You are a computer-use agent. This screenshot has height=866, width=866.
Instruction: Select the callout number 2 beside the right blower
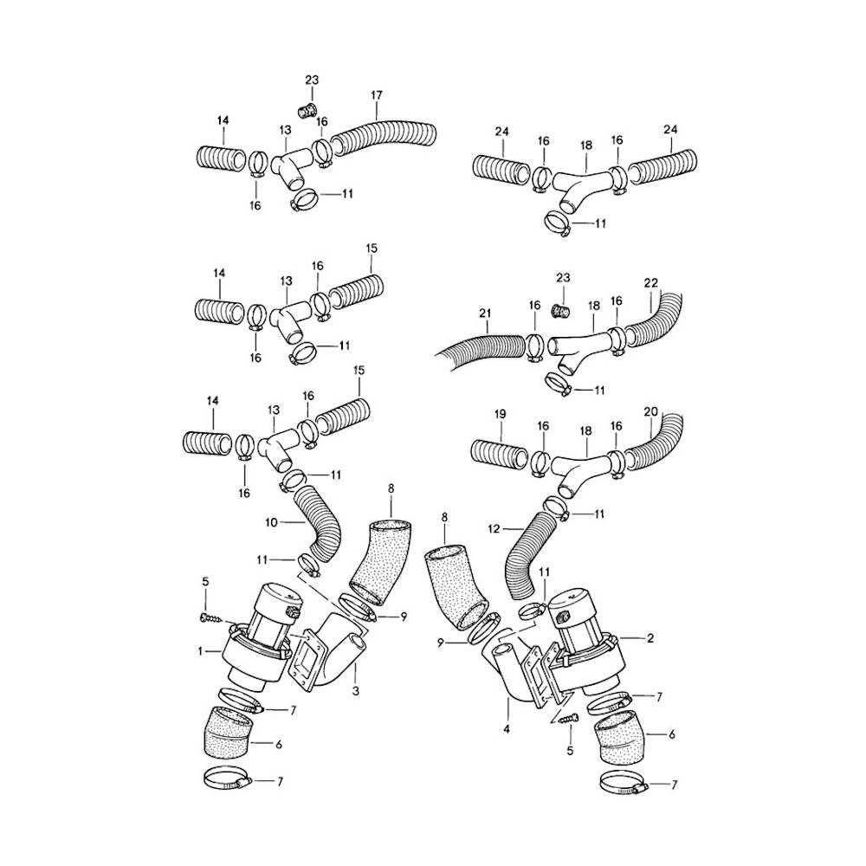point(650,638)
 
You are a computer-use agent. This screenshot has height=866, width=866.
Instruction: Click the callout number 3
point(356,690)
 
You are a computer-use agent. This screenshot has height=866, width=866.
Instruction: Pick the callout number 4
point(507,729)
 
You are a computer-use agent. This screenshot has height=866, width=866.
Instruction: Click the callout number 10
point(271,522)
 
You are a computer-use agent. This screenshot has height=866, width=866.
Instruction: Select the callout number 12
point(494,529)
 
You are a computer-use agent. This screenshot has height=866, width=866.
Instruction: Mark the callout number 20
point(651,411)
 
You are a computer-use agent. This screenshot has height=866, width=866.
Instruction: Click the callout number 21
point(485,313)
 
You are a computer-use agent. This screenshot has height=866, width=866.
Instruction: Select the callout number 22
point(651,283)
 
